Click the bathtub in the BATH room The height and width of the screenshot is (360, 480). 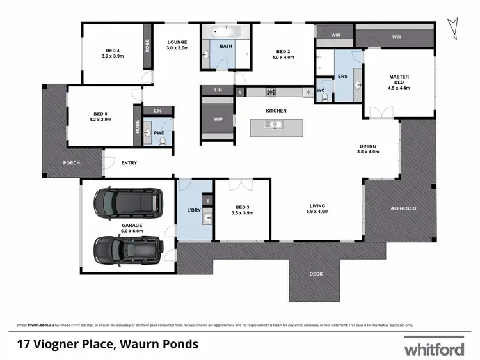tap(225, 31)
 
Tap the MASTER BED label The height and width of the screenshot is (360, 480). tap(399, 80)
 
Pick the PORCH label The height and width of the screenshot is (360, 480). tap(72, 163)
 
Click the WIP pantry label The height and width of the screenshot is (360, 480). tap(218, 120)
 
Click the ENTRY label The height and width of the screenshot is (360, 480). tap(129, 163)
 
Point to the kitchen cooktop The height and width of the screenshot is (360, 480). tap(271, 92)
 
